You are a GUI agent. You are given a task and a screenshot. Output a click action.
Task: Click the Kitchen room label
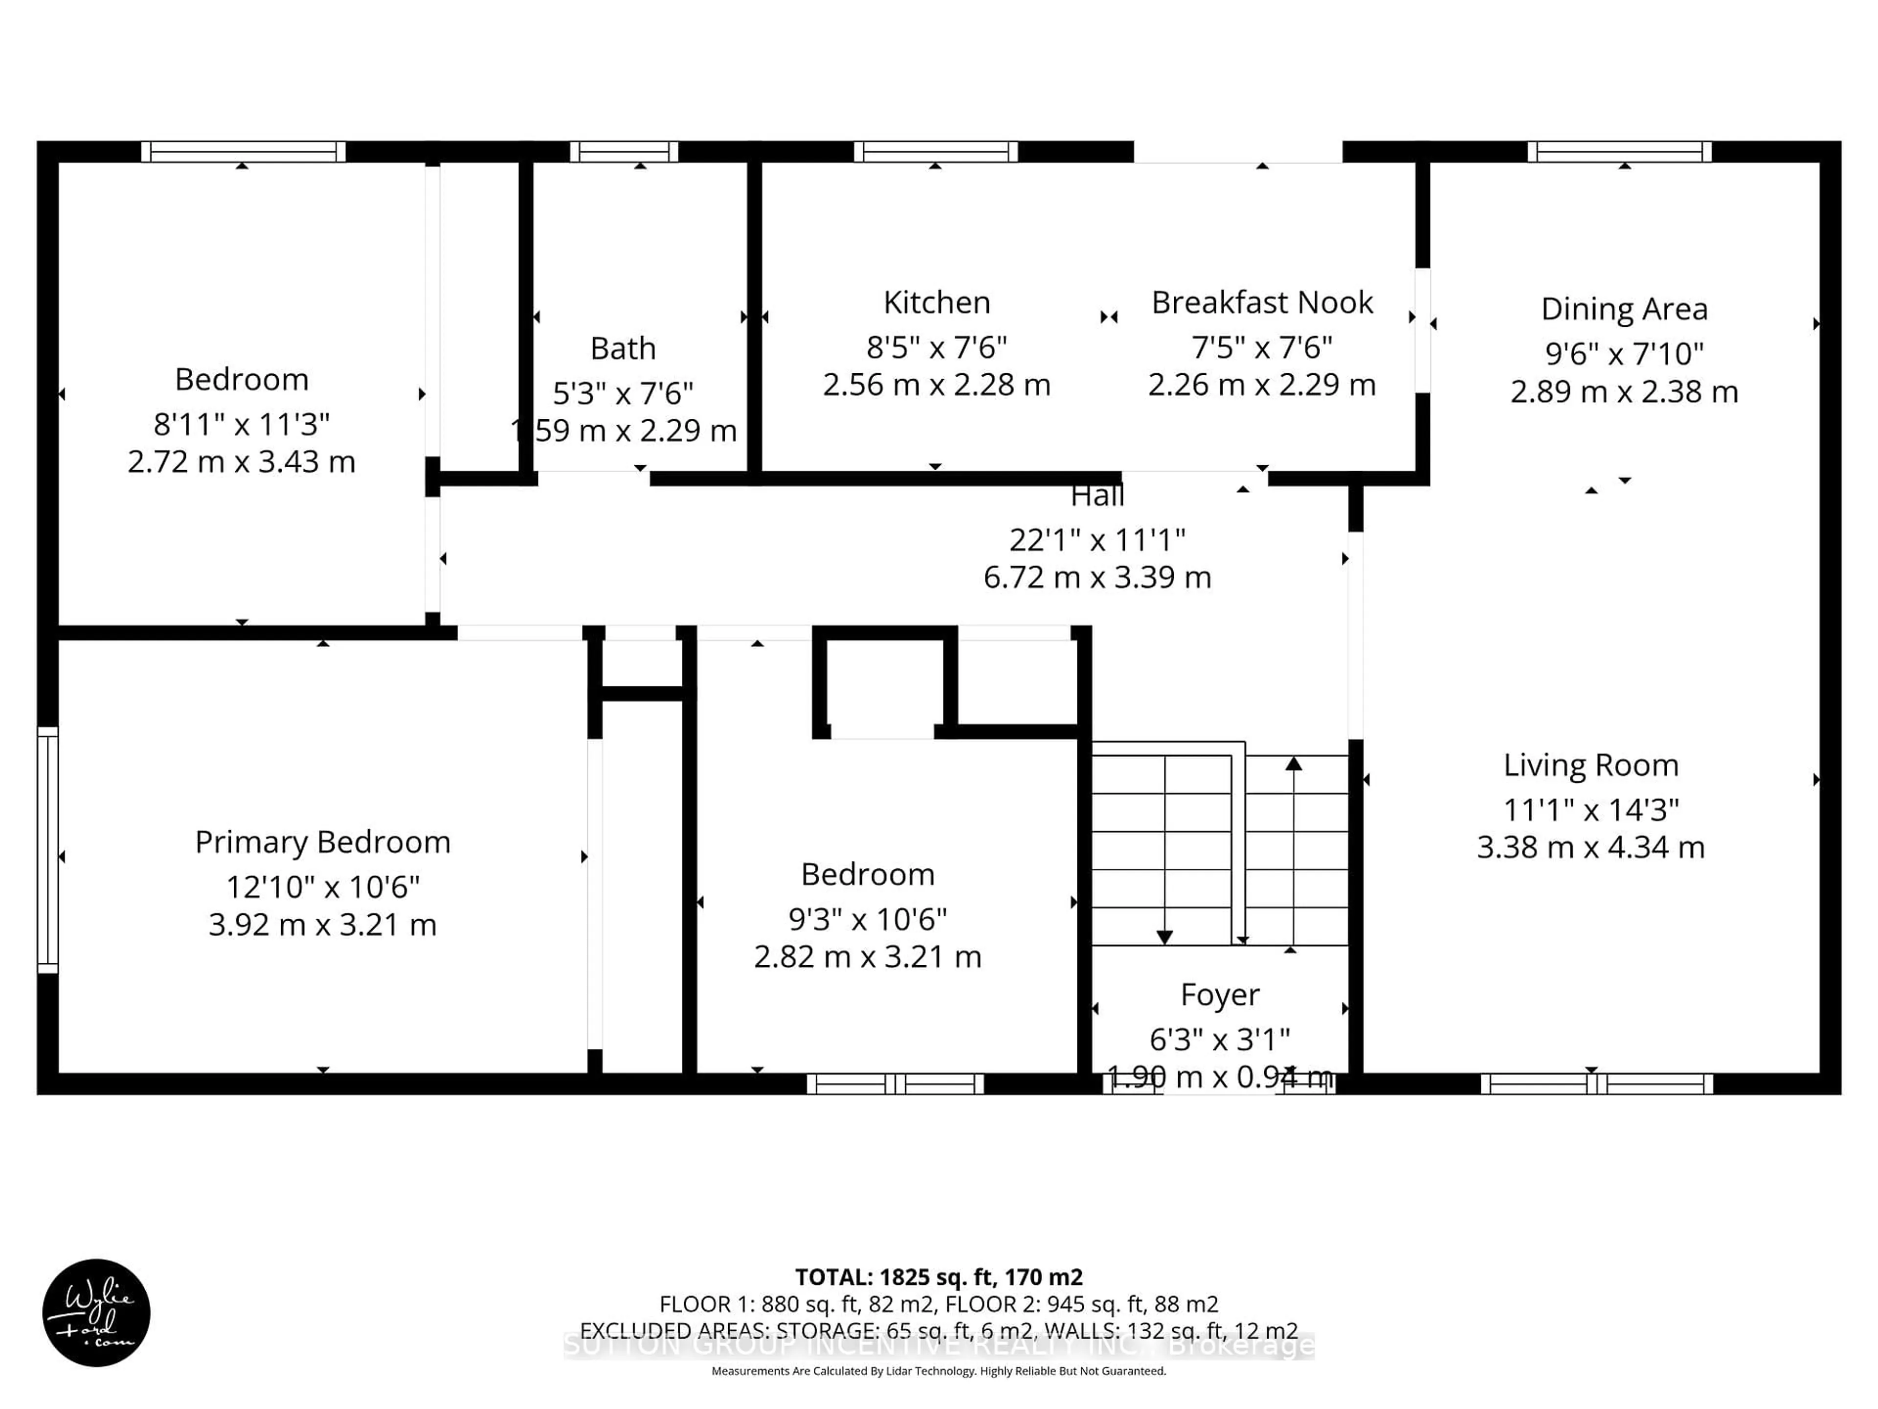coord(937,302)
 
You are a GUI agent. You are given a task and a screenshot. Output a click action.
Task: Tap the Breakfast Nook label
coord(1262,302)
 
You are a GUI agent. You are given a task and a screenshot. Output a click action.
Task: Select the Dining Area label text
coord(1623,309)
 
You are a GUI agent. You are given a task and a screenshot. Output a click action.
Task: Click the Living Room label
coord(1590,765)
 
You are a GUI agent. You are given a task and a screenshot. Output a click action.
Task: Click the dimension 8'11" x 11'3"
coord(241,423)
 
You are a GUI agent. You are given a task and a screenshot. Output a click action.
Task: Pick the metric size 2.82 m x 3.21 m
coord(867,956)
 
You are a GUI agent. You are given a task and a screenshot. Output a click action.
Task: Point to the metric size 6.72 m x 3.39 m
coord(1097,577)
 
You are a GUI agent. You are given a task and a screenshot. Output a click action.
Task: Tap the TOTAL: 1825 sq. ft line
coord(938,1277)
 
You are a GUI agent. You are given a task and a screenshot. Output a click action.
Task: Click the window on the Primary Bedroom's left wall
coord(47,849)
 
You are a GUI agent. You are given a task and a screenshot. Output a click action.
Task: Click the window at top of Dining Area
coord(1619,152)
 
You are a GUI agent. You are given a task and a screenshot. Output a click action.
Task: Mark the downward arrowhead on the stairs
coord(1164,937)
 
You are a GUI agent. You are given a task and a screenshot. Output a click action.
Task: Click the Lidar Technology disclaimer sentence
coord(938,1371)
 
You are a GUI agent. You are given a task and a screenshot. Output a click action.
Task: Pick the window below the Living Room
coord(1596,1084)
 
